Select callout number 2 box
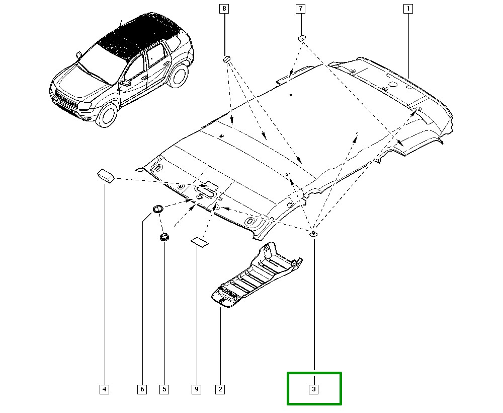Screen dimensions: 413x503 219,389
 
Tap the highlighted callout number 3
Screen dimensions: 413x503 314,389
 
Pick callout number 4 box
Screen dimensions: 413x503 104,389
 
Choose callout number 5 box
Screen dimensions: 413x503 164,389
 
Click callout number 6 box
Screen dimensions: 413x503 142,389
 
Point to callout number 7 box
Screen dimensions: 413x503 300,9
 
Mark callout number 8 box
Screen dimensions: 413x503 224,9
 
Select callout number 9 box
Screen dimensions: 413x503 197,389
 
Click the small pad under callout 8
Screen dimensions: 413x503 226,59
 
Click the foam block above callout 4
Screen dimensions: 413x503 105,175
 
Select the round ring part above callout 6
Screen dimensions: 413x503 157,208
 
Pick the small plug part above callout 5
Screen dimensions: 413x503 164,237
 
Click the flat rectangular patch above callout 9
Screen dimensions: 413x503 199,242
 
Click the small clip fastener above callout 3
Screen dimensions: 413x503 313,233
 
